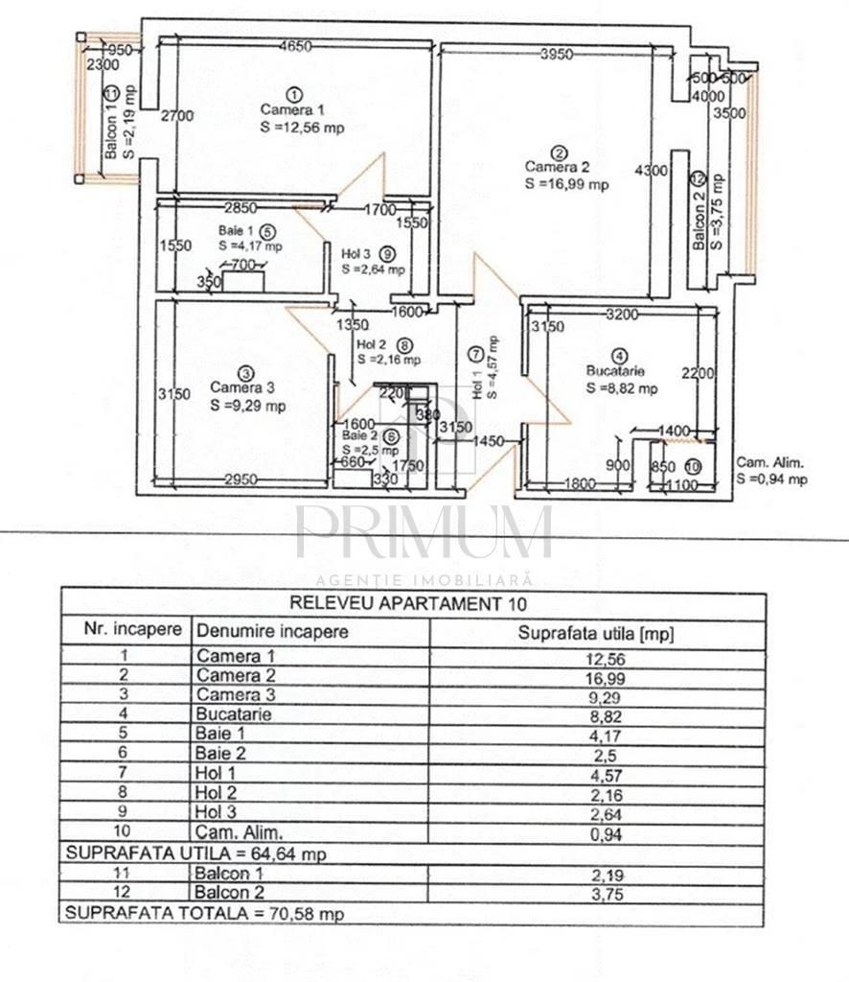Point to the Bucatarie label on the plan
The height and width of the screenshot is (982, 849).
[x=615, y=371]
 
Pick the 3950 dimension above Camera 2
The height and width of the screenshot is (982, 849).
[x=557, y=55]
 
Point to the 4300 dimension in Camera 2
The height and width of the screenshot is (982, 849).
[x=652, y=171]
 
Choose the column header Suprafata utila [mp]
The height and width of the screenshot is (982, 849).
[x=596, y=632]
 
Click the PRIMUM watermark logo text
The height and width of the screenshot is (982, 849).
[x=424, y=533]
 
